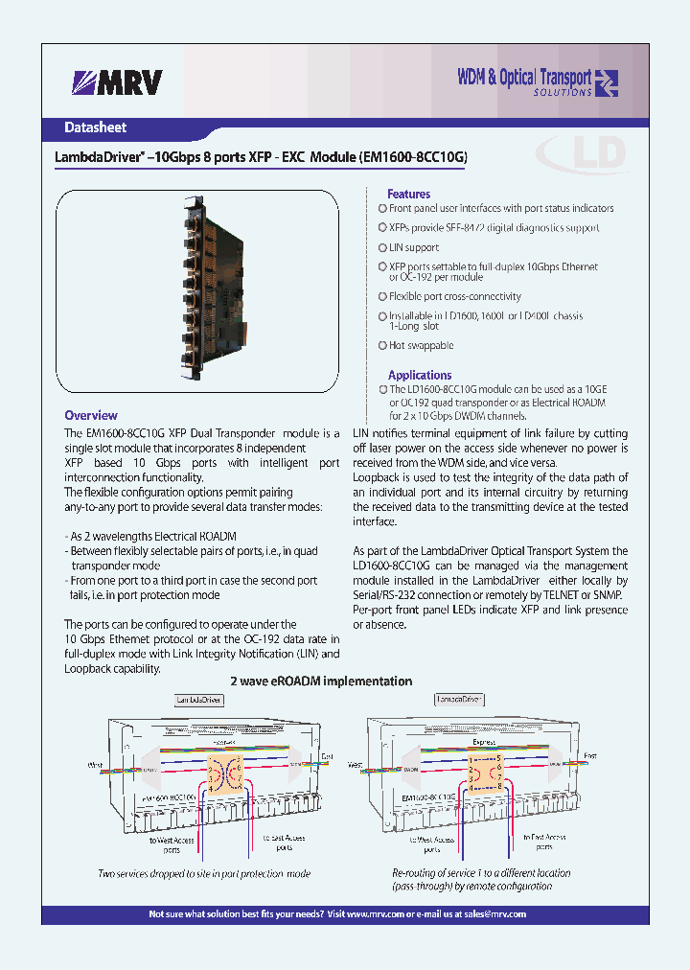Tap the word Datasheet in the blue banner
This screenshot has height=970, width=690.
coord(95,127)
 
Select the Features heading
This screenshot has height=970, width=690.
coord(408,194)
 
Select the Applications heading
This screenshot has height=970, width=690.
coord(419,375)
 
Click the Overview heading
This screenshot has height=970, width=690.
coord(91,415)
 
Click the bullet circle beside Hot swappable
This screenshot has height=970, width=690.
coord(382,345)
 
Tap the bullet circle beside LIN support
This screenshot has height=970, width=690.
coord(382,247)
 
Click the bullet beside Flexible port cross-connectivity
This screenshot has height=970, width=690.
coord(382,297)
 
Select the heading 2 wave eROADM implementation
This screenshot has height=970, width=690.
coord(321,681)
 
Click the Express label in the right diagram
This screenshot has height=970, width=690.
coord(484,742)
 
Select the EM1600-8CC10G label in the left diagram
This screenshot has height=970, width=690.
coord(171,797)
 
